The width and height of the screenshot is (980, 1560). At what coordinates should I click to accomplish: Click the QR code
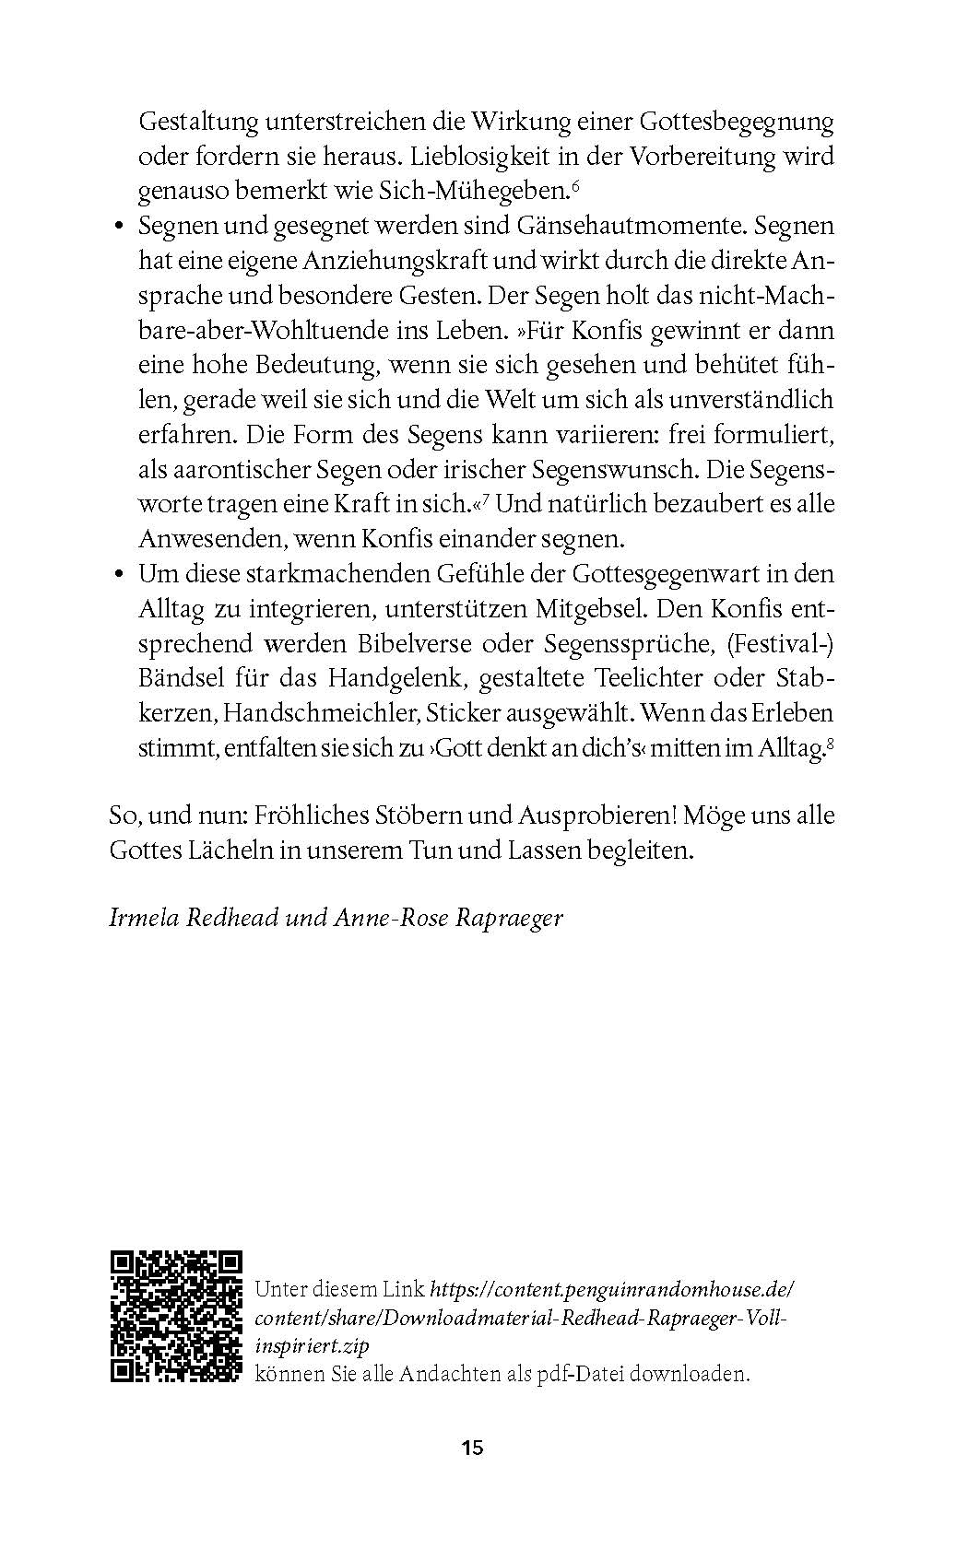point(176,1316)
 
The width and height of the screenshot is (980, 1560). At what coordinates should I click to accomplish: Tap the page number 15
point(472,1448)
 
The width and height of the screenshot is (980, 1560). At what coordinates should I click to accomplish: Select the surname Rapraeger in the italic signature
point(509,918)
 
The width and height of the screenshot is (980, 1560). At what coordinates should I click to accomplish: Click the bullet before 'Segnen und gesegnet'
point(118,227)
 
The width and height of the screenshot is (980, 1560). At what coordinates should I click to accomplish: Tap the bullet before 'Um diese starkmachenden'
point(118,575)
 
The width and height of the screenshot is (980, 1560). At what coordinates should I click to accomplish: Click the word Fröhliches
point(312,815)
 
